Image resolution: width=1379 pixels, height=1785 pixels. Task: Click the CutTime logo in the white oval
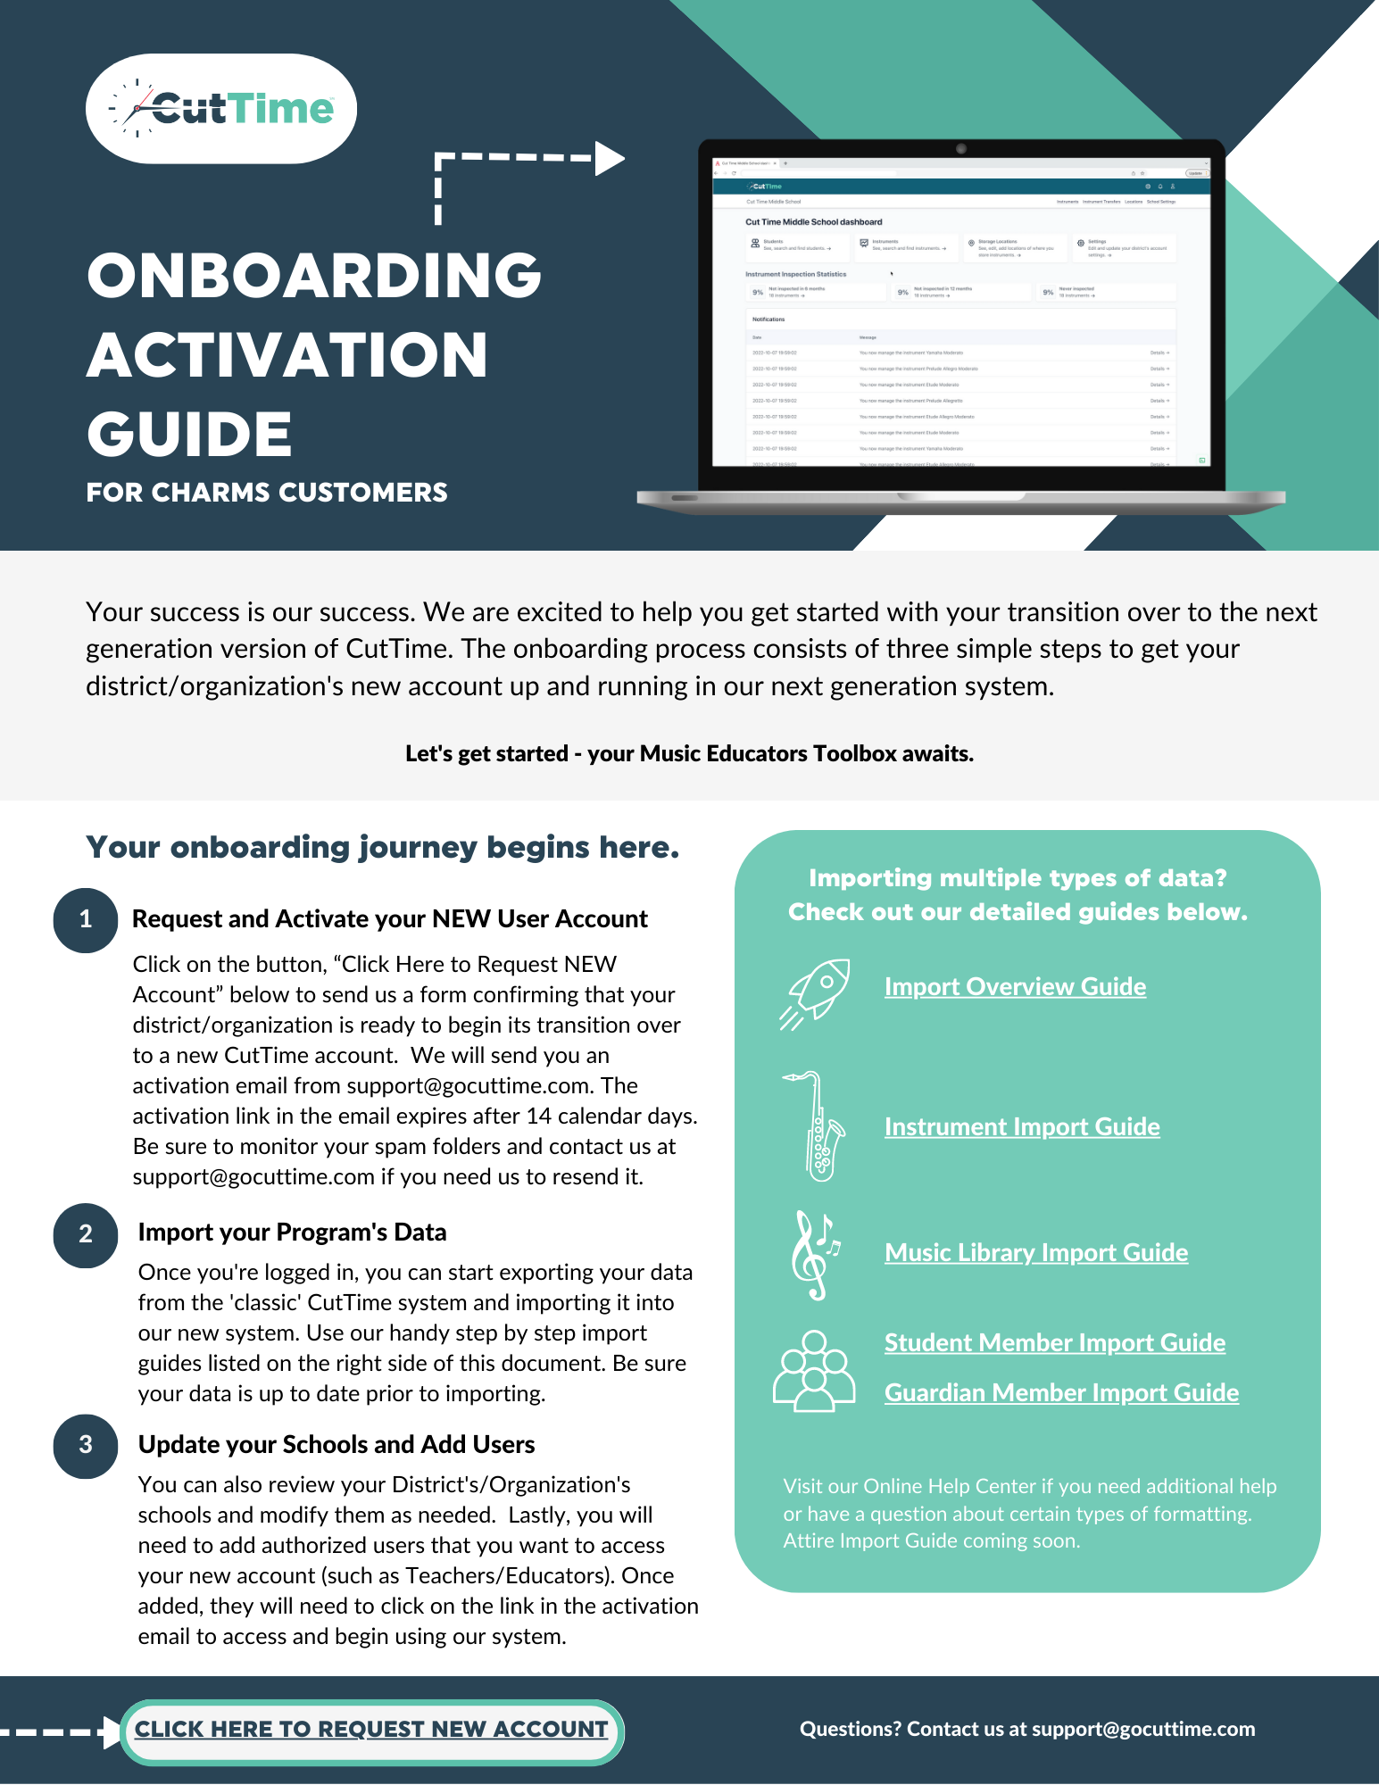tap(221, 109)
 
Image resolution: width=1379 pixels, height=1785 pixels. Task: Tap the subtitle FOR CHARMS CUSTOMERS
tap(267, 493)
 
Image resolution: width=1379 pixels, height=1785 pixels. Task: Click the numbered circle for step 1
tap(86, 920)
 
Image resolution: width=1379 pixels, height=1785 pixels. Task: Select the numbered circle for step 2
tap(86, 1235)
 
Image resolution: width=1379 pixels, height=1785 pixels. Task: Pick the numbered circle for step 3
tap(86, 1446)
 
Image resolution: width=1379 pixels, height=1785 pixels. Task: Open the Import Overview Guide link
tap(1015, 987)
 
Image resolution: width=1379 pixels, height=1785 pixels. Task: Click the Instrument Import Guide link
tap(1022, 1127)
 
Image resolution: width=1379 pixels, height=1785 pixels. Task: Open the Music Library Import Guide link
tap(1036, 1253)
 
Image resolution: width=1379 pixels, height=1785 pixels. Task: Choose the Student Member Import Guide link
tap(1055, 1343)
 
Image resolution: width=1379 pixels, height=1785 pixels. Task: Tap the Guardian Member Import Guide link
tap(1061, 1393)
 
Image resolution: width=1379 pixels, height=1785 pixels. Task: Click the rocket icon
tap(816, 992)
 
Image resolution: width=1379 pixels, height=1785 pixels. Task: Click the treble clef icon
tap(814, 1255)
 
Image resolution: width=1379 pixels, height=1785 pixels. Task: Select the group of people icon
tap(814, 1371)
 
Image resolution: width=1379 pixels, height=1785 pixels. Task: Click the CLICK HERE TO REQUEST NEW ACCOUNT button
tap(371, 1731)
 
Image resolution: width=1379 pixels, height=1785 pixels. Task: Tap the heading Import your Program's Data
tap(292, 1233)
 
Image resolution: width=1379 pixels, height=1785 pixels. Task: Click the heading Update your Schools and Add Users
tap(336, 1445)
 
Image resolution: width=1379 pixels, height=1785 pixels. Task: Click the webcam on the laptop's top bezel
tap(961, 148)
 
